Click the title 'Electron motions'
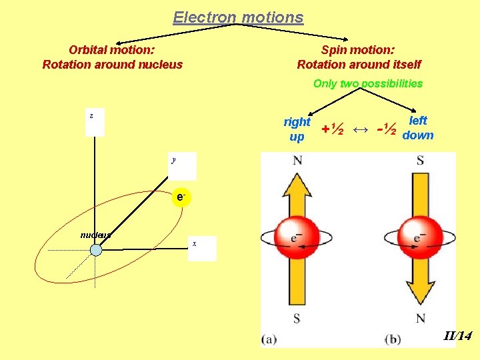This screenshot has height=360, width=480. coord(238,17)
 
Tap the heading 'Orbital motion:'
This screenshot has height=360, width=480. coord(112,49)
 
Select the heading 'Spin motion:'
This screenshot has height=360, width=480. coord(358,49)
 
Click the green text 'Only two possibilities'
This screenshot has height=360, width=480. coord(368,83)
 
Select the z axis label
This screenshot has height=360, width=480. coord(91,116)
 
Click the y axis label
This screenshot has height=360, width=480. coord(173,160)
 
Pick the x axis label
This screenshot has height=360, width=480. coord(194,244)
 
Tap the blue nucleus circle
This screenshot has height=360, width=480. coord(96,250)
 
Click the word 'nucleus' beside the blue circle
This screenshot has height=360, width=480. coord(95,235)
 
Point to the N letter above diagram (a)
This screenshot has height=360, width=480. coord(297,161)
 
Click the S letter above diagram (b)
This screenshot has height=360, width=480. coord(420,161)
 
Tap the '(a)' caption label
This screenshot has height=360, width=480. coord(269,339)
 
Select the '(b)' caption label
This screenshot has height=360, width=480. coord(393,339)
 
